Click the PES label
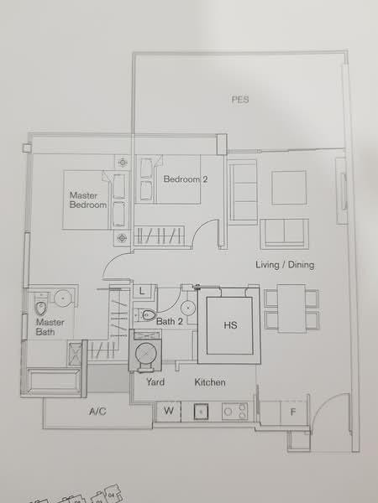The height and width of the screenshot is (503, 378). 241,100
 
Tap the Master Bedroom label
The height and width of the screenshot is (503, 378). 87,200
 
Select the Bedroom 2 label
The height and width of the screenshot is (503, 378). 185,179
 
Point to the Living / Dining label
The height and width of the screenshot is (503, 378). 285,266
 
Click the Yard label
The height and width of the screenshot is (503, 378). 155,382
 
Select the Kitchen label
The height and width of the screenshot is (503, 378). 210,382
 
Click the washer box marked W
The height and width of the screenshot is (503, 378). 169,411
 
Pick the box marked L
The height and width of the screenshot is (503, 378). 144,291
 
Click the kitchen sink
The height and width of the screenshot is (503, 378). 202,412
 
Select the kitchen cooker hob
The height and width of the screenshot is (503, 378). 234,412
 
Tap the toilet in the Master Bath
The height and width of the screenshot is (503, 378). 39,301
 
